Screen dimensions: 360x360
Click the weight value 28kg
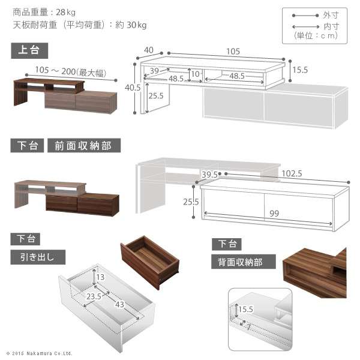pos(65,12)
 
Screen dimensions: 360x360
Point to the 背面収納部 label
pos(243,262)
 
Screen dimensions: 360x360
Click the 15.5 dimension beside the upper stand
pos(300,70)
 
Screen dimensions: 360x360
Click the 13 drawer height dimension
pos(100,277)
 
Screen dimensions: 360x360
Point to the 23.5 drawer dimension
pos(93,296)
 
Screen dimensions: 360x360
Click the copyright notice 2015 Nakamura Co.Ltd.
pos(40,353)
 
